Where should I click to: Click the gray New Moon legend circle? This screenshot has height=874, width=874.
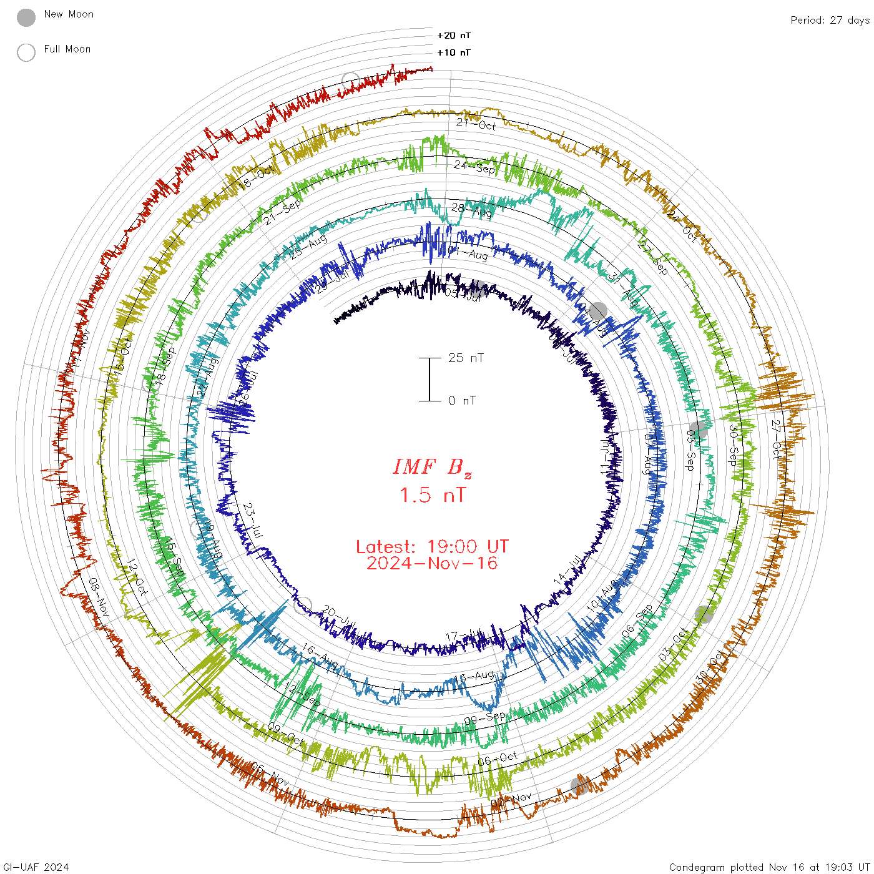tap(26, 17)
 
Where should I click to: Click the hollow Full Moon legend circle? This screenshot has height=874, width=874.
tap(26, 52)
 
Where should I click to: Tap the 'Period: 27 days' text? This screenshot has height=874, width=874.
tap(830, 21)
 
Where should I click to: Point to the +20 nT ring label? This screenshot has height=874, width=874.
tap(454, 36)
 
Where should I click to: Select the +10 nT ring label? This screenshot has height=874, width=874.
tap(454, 52)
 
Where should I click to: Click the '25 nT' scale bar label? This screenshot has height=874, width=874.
tap(466, 358)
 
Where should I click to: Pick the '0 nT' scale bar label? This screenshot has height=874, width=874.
tap(462, 401)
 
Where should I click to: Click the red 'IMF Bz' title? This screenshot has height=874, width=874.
tap(432, 468)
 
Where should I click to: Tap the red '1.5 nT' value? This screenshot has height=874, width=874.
tap(432, 496)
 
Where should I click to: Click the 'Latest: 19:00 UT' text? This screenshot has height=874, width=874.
tap(432, 547)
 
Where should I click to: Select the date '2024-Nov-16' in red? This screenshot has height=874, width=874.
tap(432, 564)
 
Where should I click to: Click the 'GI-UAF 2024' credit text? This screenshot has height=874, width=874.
tap(36, 867)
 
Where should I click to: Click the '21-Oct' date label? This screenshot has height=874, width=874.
tap(476, 124)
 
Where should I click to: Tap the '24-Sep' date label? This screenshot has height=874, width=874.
tap(474, 167)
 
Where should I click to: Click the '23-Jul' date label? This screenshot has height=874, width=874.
tap(253, 520)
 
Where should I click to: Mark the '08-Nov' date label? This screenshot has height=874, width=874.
tap(99, 597)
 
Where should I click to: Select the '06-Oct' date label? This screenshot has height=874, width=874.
tap(498, 759)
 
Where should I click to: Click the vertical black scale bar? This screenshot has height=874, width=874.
tap(430, 380)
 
